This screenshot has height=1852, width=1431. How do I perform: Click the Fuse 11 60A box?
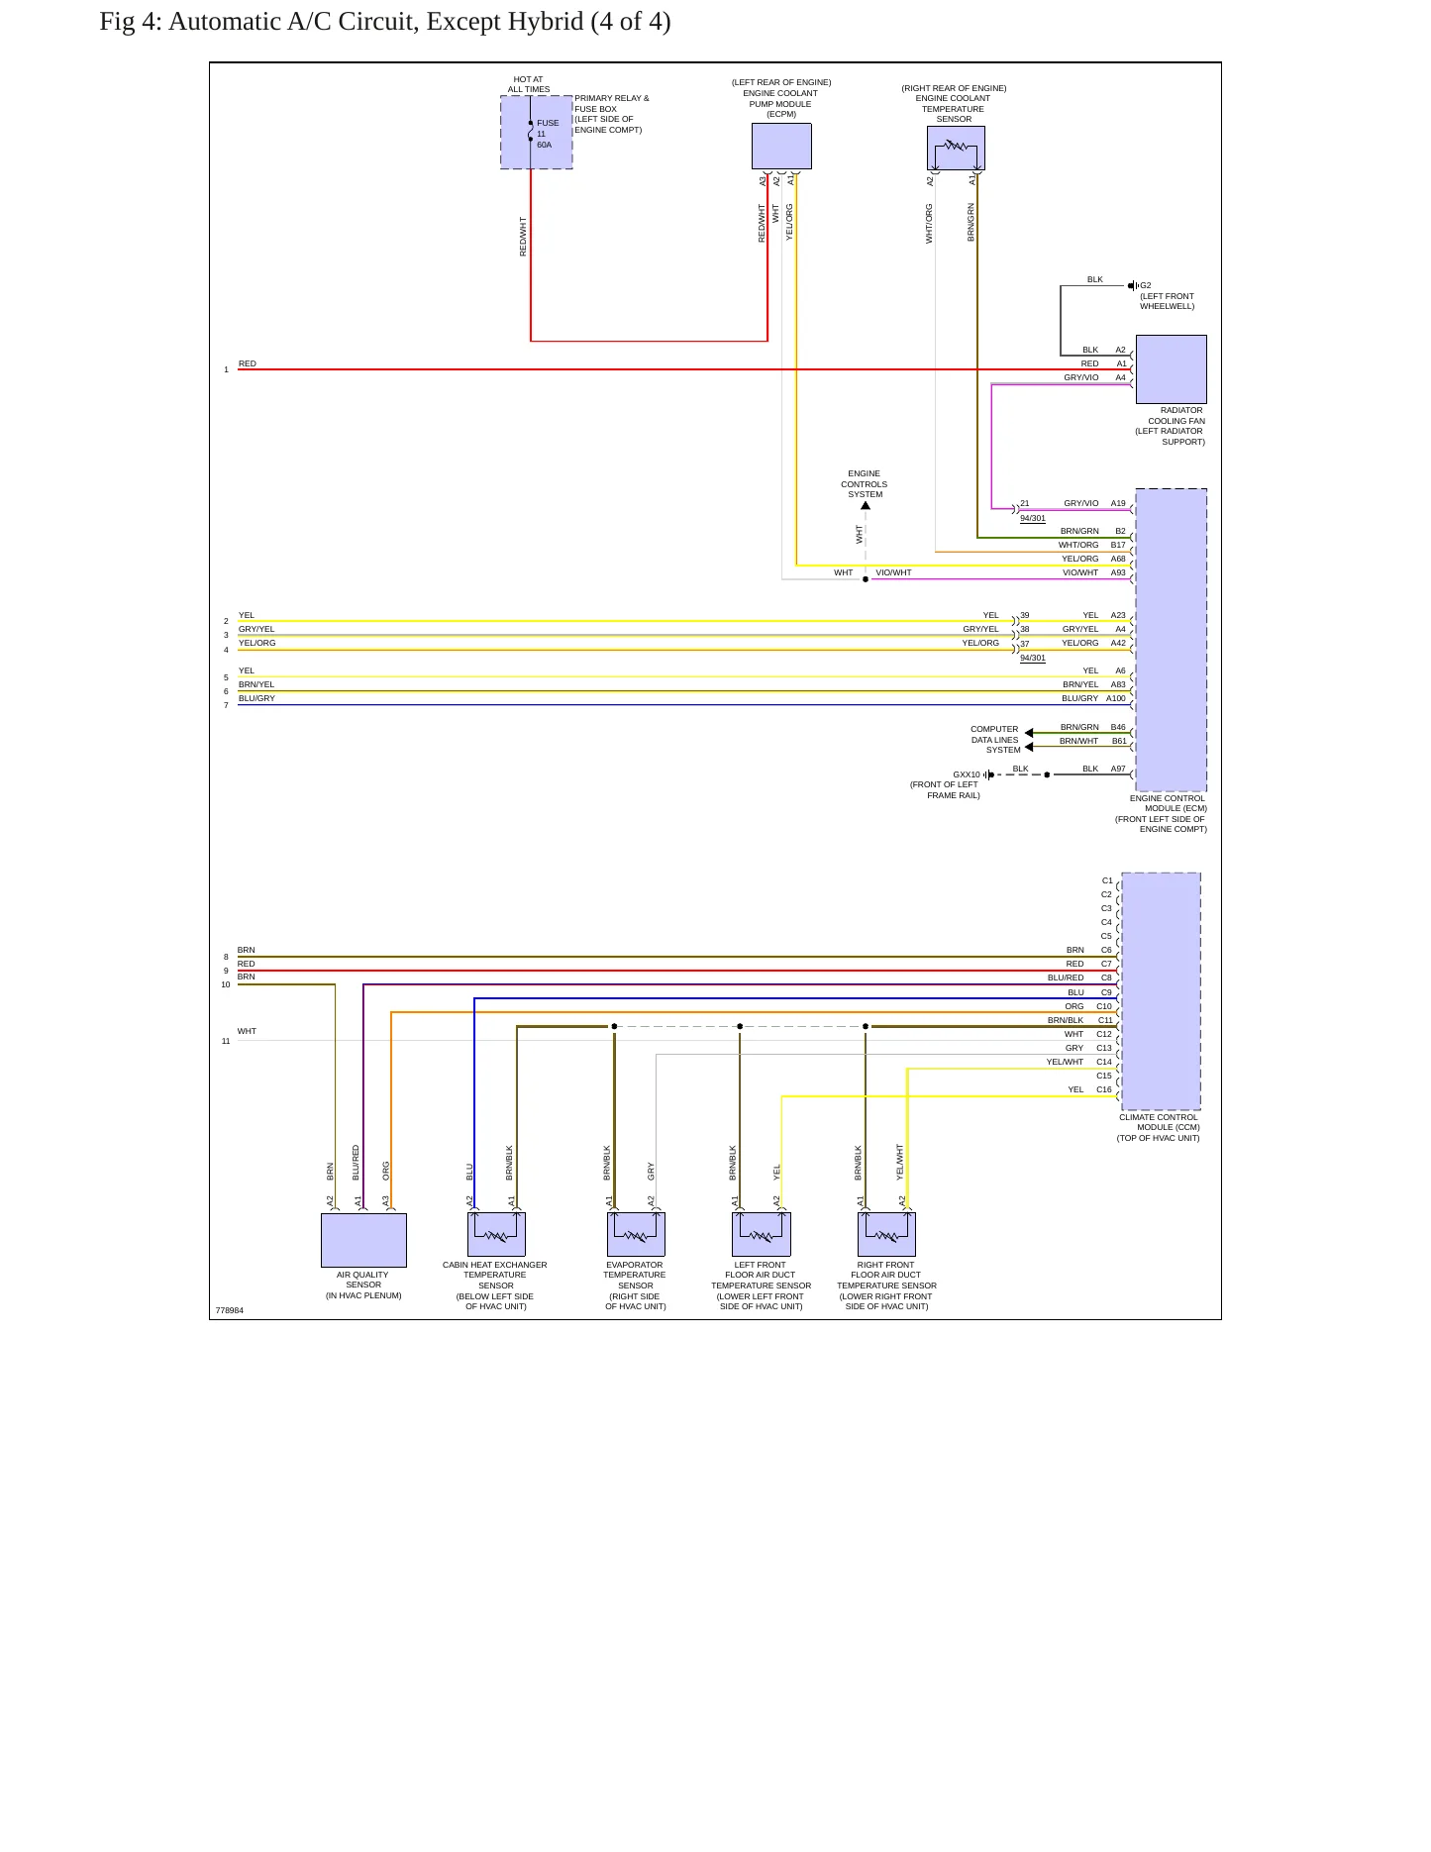[x=536, y=133]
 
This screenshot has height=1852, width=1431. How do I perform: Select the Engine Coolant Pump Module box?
[x=781, y=147]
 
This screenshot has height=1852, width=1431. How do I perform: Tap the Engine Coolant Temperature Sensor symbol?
[x=956, y=149]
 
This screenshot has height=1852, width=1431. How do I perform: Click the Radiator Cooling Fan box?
[x=1171, y=368]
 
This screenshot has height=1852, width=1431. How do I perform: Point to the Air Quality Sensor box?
[x=363, y=1240]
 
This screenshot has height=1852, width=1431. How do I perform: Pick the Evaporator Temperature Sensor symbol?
[x=636, y=1234]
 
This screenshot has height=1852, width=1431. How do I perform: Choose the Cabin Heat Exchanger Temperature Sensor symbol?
[x=496, y=1234]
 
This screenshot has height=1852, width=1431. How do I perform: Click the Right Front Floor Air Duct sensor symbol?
[x=886, y=1234]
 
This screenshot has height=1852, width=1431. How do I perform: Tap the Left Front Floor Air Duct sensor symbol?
[x=761, y=1234]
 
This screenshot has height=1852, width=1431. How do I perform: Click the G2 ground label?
[x=1146, y=285]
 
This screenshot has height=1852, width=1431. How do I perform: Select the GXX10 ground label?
[x=967, y=774]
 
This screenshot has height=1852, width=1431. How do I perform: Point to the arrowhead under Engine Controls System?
[x=866, y=506]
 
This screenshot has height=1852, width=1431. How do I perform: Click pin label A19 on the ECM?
[x=1118, y=503]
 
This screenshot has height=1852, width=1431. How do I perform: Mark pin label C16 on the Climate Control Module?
[x=1104, y=1089]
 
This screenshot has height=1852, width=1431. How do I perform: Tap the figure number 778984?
[x=230, y=1310]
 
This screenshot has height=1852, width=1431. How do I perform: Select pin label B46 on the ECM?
[x=1118, y=727]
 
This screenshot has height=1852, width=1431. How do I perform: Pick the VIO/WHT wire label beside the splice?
[x=893, y=572]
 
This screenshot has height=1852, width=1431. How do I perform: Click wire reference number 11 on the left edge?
[x=226, y=1041]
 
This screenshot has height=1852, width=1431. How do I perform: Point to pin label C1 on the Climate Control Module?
[x=1107, y=880]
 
